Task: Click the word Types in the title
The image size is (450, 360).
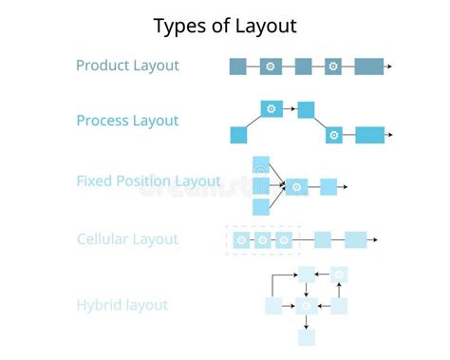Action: click(x=179, y=26)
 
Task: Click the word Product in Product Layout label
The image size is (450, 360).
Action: click(x=103, y=66)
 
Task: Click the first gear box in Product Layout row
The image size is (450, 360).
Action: click(x=271, y=66)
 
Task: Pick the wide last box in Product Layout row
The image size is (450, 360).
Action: click(x=369, y=66)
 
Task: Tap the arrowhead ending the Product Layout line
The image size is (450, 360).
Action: click(x=389, y=66)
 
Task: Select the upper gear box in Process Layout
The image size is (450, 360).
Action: click(x=272, y=109)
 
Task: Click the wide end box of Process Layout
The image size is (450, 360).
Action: click(x=370, y=135)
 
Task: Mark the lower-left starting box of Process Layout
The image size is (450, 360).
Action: click(x=238, y=135)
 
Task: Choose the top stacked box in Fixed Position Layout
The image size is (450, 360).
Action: click(x=261, y=164)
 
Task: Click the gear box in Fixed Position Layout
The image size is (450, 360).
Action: click(x=297, y=187)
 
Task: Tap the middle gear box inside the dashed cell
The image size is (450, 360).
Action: click(x=263, y=240)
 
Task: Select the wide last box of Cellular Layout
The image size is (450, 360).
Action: click(x=355, y=240)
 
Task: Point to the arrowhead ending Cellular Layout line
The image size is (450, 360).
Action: click(x=376, y=240)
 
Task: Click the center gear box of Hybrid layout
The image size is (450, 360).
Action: click(x=306, y=306)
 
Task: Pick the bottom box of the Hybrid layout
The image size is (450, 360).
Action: click(x=306, y=337)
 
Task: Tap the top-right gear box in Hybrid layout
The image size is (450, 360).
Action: click(x=339, y=275)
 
